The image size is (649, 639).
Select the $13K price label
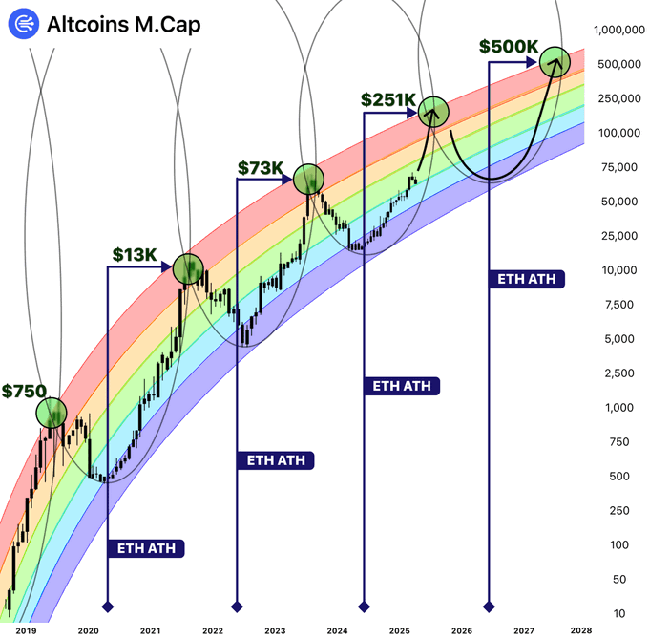click(134, 254)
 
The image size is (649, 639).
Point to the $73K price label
click(261, 169)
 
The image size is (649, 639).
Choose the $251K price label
click(387, 99)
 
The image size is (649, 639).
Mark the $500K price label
click(509, 46)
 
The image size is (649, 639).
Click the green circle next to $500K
click(555, 63)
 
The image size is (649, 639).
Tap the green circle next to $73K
click(308, 178)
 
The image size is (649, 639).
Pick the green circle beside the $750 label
click(52, 413)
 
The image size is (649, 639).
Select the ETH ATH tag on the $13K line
click(146, 548)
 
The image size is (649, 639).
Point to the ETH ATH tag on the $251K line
click(401, 386)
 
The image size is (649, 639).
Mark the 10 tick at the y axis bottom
click(619, 612)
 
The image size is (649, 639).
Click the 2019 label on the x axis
click(26, 630)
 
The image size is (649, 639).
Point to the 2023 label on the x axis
click(274, 630)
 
